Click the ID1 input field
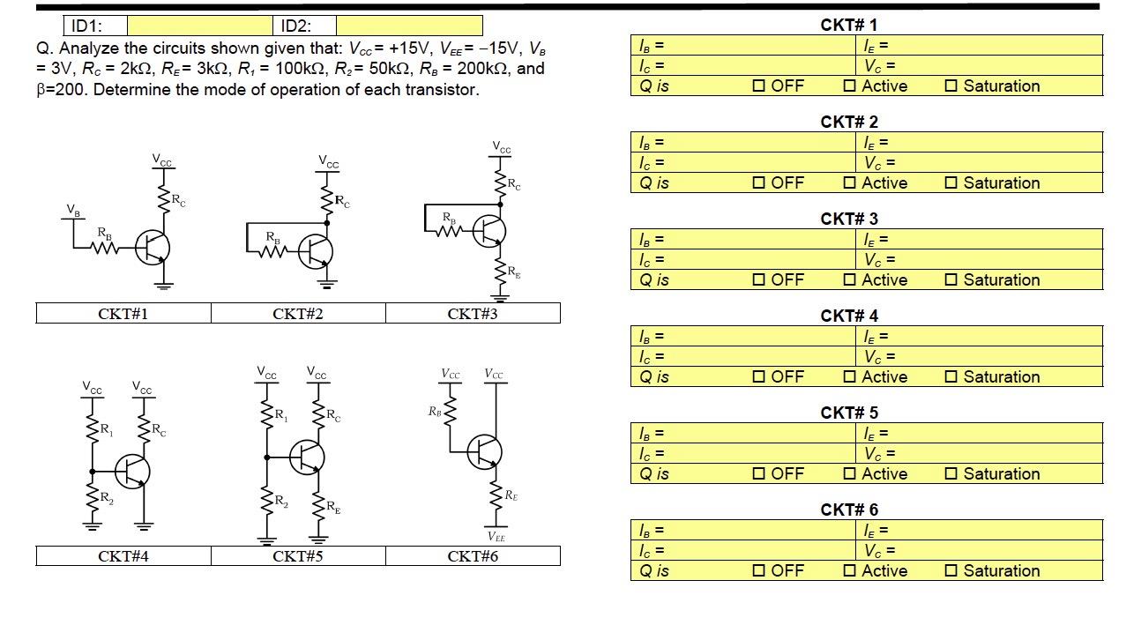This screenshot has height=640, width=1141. tap(200, 26)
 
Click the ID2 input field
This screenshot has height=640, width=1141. tap(409, 26)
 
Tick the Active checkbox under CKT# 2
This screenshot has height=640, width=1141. tap(849, 183)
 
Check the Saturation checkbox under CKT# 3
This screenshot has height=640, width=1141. tap(951, 280)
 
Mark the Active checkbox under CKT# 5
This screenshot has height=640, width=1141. tap(849, 474)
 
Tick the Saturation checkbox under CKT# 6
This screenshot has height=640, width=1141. tap(951, 571)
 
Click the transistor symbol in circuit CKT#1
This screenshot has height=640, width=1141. tap(153, 248)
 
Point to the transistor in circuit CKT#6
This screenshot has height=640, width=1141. tap(484, 451)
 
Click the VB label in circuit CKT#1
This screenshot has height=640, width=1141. tap(73, 210)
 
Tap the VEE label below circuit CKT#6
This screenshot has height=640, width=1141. tap(496, 537)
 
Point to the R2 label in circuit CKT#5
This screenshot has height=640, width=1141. tap(280, 502)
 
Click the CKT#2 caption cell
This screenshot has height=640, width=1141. tap(298, 314)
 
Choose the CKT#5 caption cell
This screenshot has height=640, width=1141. tap(298, 556)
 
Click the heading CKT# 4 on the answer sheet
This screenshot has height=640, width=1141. tap(849, 316)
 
